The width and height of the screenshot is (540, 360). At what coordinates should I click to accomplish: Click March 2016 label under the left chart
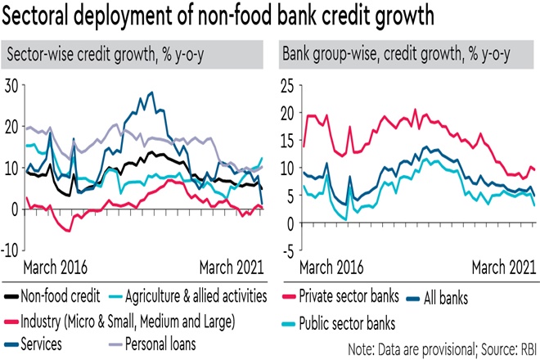pos(56,267)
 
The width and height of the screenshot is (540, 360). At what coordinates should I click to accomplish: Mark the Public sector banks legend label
pos(361,322)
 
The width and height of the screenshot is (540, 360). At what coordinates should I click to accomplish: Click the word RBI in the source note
pos(524,347)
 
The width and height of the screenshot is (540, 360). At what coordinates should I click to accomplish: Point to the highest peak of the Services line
pos(151,92)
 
